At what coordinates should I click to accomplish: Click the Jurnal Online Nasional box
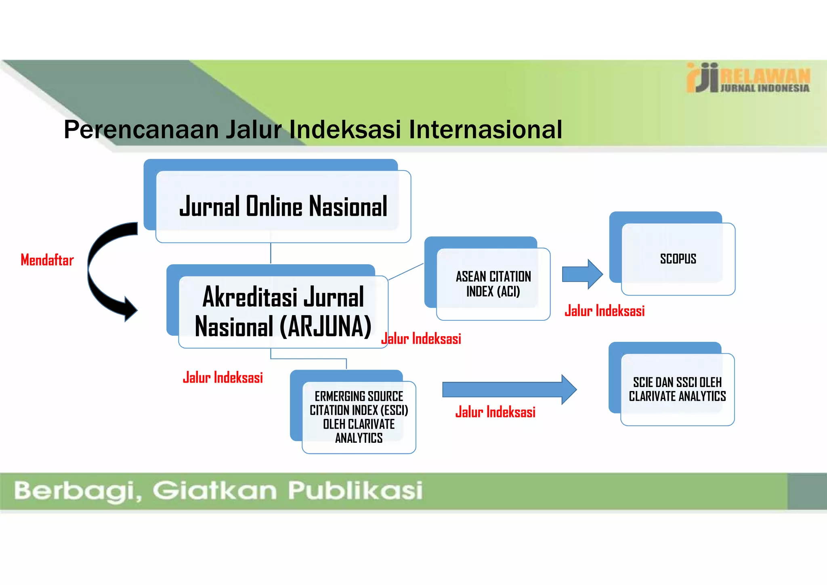[x=283, y=206]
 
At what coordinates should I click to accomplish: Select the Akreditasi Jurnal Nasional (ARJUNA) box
[x=283, y=311]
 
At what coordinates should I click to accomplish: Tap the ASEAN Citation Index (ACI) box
[x=493, y=284]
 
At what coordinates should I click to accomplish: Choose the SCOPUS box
[x=678, y=259]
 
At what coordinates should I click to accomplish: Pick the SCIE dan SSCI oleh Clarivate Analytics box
[x=677, y=389]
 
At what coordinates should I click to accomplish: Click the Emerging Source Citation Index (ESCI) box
[x=359, y=417]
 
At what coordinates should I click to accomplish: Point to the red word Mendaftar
[x=47, y=260]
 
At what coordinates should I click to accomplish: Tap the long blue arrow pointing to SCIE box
[x=509, y=389]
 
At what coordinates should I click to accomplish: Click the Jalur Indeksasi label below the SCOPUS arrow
[x=605, y=311]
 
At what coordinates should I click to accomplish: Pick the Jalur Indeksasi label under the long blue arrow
[x=495, y=412]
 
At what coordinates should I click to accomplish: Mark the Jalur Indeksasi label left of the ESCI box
[x=223, y=378]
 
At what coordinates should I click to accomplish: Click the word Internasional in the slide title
[x=485, y=130]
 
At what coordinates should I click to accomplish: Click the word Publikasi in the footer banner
[x=355, y=490]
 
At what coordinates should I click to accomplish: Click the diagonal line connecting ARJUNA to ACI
[x=405, y=271]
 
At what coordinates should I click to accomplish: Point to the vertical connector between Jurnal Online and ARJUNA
[x=271, y=253]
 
